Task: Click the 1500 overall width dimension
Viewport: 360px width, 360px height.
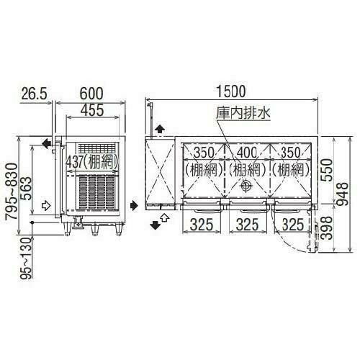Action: (230, 91)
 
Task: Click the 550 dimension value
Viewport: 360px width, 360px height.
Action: (327, 171)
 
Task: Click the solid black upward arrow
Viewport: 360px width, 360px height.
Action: (159, 128)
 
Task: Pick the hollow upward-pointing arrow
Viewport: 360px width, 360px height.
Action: (165, 215)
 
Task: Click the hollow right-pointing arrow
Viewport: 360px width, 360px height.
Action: (48, 205)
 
